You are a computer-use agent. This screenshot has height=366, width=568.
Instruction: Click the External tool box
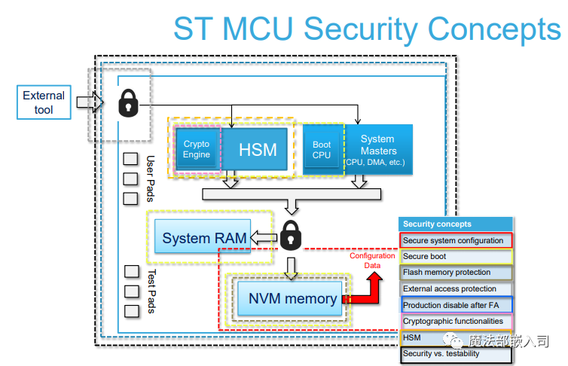[44, 102]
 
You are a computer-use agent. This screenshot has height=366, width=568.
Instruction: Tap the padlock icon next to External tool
[128, 103]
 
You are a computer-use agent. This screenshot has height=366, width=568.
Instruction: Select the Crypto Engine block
[197, 149]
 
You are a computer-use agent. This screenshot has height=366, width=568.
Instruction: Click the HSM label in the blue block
[258, 149]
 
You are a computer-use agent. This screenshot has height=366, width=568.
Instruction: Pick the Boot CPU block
[322, 149]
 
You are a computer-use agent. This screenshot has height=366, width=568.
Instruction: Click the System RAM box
[205, 238]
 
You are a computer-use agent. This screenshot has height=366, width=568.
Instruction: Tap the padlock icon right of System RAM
[290, 235]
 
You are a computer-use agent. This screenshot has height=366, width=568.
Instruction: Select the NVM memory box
[292, 299]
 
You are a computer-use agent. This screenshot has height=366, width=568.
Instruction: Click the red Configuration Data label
[372, 261]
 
